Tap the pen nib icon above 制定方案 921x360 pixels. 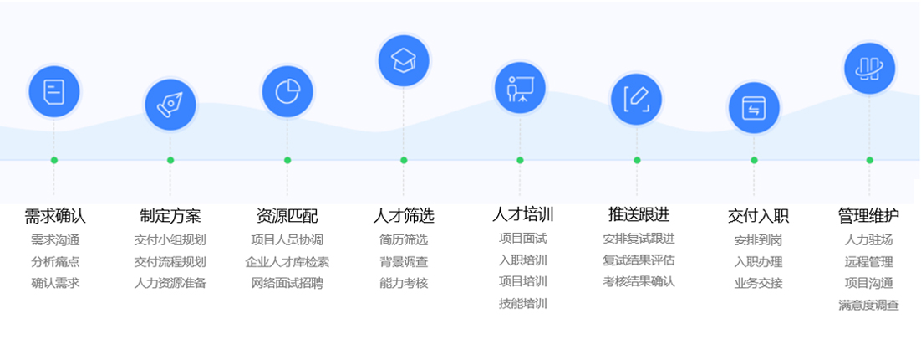(x=170, y=105)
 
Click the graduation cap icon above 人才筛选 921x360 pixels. (x=404, y=59)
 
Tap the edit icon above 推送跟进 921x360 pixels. (x=637, y=99)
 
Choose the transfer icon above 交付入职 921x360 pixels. (x=754, y=107)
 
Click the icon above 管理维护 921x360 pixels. (x=869, y=68)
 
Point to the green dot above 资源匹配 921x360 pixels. (x=287, y=160)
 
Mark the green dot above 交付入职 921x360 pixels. (x=754, y=160)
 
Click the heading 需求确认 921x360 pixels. (x=55, y=216)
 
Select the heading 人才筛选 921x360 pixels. (x=404, y=216)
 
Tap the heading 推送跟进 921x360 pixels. (x=639, y=214)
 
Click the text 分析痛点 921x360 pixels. (x=55, y=261)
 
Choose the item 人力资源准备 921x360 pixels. (x=170, y=283)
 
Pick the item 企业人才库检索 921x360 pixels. (x=287, y=261)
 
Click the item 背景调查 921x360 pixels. (x=404, y=261)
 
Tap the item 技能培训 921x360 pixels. (x=523, y=303)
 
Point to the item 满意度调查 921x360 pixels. (x=869, y=305)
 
